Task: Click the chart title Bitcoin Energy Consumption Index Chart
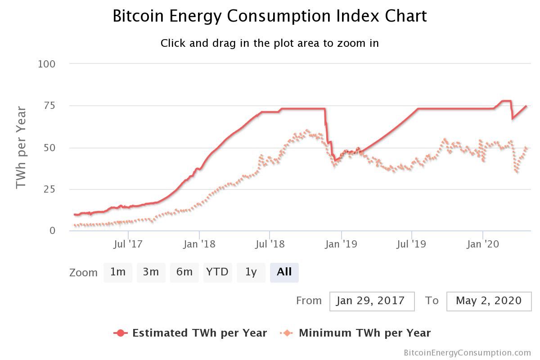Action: coord(270,16)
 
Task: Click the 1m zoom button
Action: coord(118,272)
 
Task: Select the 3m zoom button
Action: coord(151,272)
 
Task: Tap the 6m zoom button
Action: coord(184,272)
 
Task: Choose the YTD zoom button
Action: coord(217,272)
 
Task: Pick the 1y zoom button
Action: coord(251,272)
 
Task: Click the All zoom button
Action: coord(284,272)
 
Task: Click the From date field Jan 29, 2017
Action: coord(372,301)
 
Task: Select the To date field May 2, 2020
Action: coord(489,301)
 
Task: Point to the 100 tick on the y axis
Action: coord(47,64)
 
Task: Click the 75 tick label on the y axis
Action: coord(49,106)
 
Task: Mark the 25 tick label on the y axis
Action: coord(49,189)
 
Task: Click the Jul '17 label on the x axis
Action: coord(128,244)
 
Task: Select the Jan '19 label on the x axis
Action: coord(341,244)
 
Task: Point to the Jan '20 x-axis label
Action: coord(483,244)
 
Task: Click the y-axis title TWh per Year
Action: coord(21,148)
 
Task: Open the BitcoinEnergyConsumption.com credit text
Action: coord(467,353)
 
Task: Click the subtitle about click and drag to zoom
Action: coord(270,43)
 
